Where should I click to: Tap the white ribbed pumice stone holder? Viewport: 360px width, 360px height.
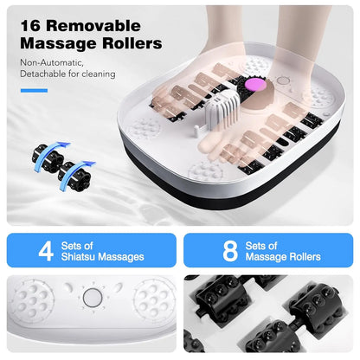tap(208, 122)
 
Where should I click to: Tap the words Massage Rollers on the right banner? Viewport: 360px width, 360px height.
tap(282, 257)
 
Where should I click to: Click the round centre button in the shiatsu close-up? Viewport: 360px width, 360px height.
tap(91, 299)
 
